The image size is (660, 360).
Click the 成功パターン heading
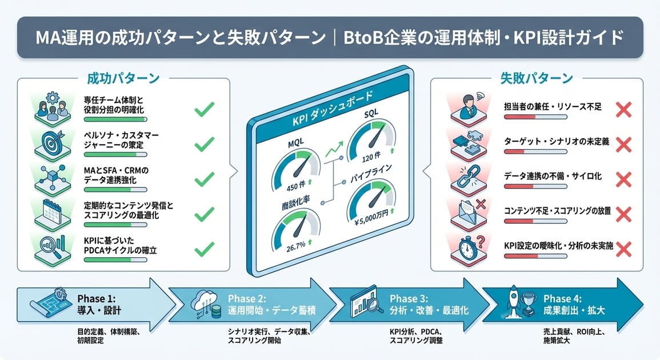(x=123, y=78)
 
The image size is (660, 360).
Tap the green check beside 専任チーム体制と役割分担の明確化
(x=204, y=109)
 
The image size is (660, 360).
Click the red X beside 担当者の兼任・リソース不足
(x=624, y=109)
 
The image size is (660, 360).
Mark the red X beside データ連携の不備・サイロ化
(x=624, y=179)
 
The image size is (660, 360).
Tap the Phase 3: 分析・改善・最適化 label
(x=429, y=305)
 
